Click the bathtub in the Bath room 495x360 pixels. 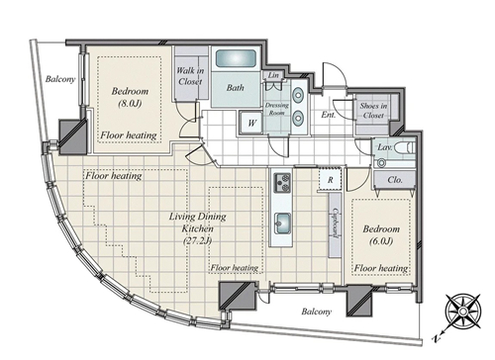click(x=236, y=58)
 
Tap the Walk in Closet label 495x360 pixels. click(x=190, y=76)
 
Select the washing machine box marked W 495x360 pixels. click(x=251, y=123)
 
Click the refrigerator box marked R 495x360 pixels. click(x=331, y=180)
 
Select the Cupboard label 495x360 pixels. click(x=336, y=223)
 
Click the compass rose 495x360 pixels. click(x=462, y=311)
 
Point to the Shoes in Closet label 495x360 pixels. click(x=373, y=111)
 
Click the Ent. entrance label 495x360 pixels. click(x=329, y=115)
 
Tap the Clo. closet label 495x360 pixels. click(x=395, y=180)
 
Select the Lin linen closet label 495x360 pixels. click(x=273, y=75)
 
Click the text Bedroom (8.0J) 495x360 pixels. click(x=130, y=97)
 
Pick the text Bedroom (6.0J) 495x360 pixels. click(x=381, y=234)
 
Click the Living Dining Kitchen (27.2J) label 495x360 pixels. click(x=198, y=228)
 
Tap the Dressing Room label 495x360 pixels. click(x=277, y=109)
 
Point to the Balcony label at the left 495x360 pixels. click(x=60, y=79)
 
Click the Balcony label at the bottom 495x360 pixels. click(x=317, y=312)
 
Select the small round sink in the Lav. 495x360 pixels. click(x=382, y=162)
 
